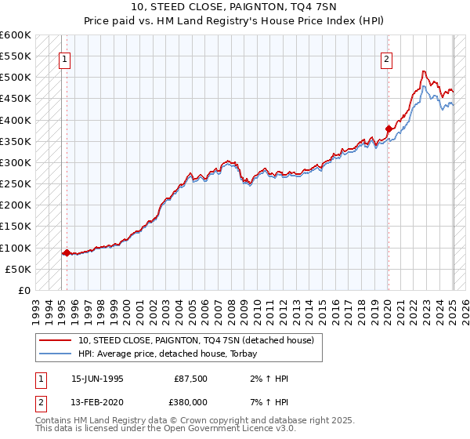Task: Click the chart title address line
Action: point(235,8)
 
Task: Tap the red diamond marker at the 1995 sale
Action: point(67,253)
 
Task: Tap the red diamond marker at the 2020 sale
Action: point(389,128)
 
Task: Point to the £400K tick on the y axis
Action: point(17,120)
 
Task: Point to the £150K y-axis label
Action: point(17,227)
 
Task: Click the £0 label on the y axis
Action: point(25,290)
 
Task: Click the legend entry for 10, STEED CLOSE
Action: point(196,340)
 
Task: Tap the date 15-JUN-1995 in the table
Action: point(97,379)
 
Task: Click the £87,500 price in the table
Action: point(191,379)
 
